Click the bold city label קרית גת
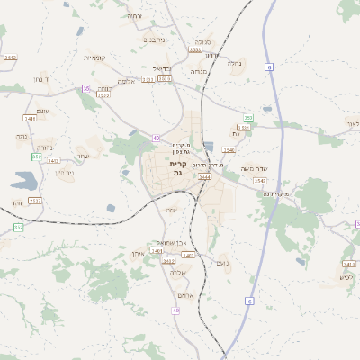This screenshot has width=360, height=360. tap(178, 168)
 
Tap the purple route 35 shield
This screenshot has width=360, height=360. tap(86, 88)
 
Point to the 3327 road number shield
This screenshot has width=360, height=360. tap(35, 201)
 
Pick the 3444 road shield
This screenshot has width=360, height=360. tap(204, 177)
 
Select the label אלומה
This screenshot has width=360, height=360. tap(127, 81)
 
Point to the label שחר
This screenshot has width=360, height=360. tap(83, 156)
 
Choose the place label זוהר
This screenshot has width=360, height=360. tap(17, 203)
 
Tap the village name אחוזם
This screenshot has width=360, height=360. tap(186, 296)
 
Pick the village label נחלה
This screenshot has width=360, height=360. tap(235, 63)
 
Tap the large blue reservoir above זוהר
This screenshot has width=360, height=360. tap(24, 181)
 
